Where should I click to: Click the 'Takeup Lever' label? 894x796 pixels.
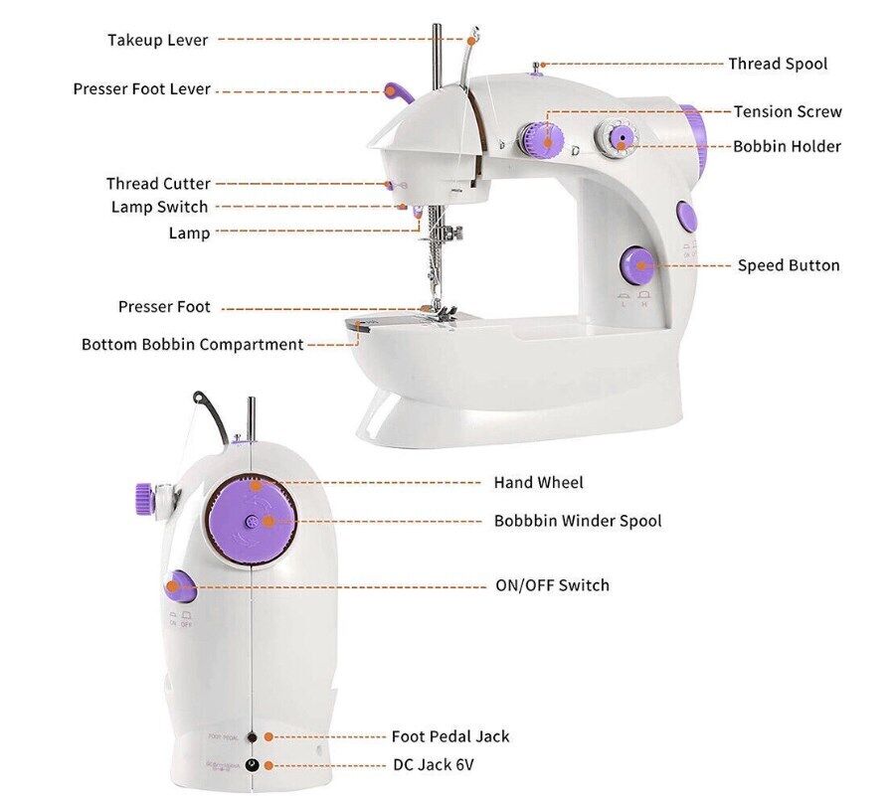158,40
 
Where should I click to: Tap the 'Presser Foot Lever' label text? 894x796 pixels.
141,89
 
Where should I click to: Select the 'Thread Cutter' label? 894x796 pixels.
158,184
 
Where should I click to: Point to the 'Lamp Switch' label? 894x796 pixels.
159,207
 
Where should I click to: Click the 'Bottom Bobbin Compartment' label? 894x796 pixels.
192,345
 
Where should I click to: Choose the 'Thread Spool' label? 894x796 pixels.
778,64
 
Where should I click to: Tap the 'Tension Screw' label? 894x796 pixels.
788,111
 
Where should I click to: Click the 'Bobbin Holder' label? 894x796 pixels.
787,146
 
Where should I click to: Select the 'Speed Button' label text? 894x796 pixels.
788,265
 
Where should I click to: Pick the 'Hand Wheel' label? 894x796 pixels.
538,483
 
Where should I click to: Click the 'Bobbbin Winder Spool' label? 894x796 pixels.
577,521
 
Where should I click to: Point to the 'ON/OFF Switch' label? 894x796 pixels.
552,585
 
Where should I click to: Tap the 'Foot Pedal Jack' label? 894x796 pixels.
449,736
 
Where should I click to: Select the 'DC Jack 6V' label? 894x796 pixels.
434,765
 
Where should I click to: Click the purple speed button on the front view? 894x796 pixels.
635,264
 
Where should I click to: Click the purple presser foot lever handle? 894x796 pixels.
398,93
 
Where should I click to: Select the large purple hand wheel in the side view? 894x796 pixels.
254,519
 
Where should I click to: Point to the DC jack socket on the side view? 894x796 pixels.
252,764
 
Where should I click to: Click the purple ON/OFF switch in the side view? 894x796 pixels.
180,586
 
